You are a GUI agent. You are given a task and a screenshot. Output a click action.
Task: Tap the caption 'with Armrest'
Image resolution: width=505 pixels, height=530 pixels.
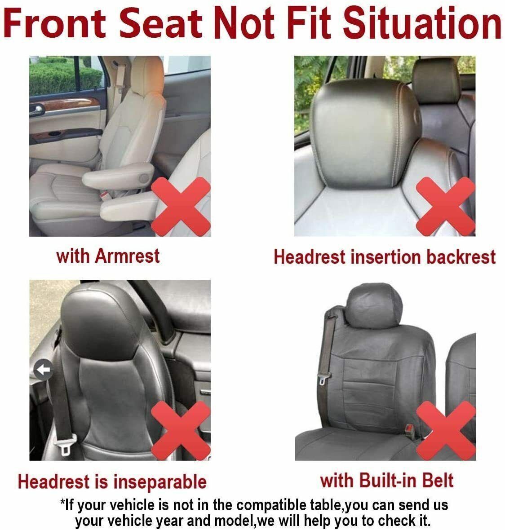tap(108, 256)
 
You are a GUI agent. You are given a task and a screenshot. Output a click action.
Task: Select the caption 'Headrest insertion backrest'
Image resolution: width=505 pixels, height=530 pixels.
tap(385, 257)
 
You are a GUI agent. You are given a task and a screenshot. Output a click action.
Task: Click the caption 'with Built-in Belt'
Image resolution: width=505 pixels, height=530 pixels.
tap(386, 480)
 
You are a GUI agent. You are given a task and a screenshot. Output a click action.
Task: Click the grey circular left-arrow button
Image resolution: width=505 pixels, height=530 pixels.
tap(43, 370)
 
